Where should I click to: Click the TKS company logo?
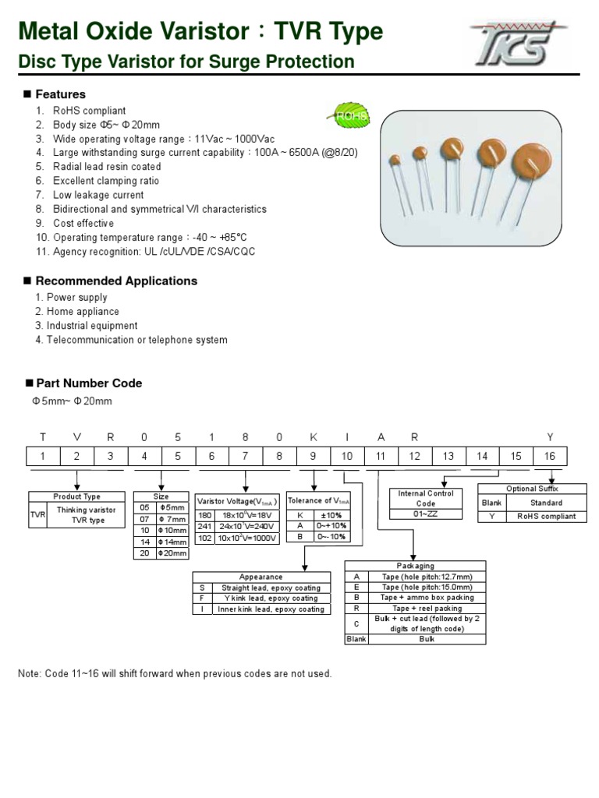(x=518, y=43)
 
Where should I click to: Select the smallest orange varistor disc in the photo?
(x=395, y=161)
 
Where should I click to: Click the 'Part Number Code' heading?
(x=89, y=383)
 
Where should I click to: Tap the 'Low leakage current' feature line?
(x=98, y=195)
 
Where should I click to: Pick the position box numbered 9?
(x=313, y=456)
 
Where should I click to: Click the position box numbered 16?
(x=550, y=456)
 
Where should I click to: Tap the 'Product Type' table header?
(x=76, y=496)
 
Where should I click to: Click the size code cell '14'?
(x=144, y=541)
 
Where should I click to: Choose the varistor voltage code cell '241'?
(x=204, y=526)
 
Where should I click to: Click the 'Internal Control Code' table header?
(x=426, y=498)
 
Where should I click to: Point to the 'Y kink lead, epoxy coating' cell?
(x=270, y=598)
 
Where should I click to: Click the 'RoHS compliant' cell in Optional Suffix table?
(x=546, y=516)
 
